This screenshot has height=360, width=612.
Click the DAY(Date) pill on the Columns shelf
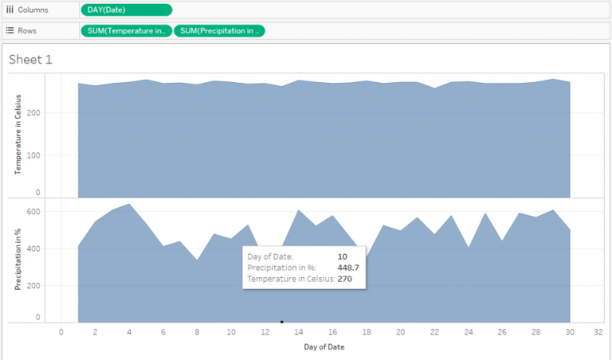pos(126,10)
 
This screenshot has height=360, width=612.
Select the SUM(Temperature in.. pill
pos(126,31)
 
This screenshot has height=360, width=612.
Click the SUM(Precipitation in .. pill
pos(218,31)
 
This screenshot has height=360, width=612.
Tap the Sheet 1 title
pos(30,60)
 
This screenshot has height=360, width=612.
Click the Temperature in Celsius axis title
pos(18,135)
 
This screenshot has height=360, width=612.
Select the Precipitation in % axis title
pos(18,260)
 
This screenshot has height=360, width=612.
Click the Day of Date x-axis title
pos(324,347)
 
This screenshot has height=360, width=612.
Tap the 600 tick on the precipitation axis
pos(33,212)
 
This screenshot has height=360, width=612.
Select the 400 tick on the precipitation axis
pos(33,248)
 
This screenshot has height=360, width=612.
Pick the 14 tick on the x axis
pos(299,333)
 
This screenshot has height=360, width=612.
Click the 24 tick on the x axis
pos(469,333)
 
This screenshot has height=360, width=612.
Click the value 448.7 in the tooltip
pos(348,268)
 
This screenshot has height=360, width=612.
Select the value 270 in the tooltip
pos(344,280)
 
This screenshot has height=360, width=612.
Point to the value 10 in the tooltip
pos(342,256)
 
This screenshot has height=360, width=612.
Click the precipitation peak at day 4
pos(129,204)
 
